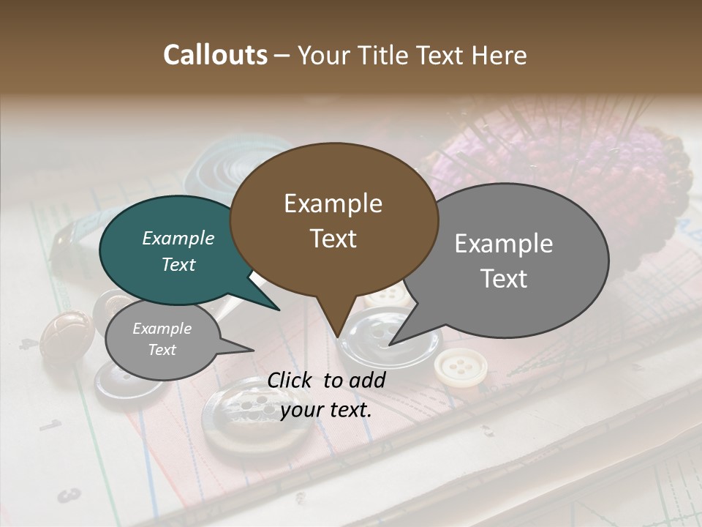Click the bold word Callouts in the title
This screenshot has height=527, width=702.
point(215,55)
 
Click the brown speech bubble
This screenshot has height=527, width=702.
point(333,220)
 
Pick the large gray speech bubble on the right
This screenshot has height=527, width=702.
point(512,260)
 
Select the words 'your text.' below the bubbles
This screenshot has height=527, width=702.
point(325,410)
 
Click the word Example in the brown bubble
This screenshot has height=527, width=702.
point(333,203)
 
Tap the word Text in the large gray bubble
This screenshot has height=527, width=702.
point(505,279)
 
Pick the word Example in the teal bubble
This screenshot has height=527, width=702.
point(178,239)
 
